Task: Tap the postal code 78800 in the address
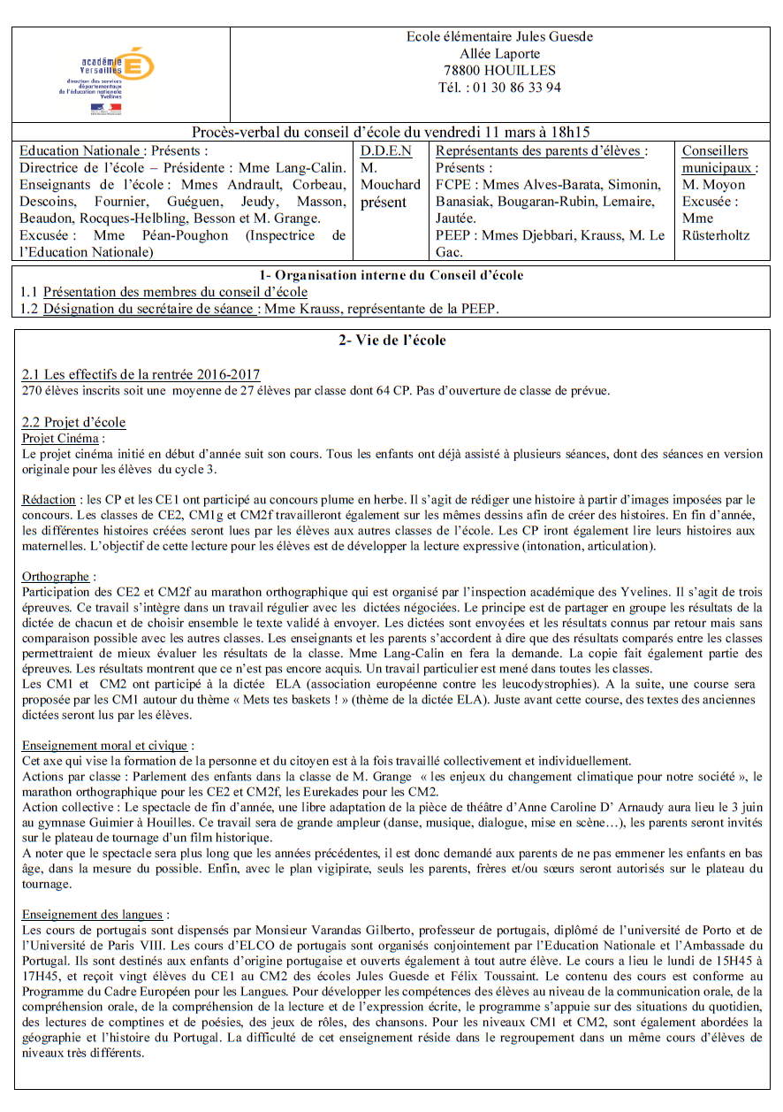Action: [x=463, y=71]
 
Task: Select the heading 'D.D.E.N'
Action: [x=386, y=151]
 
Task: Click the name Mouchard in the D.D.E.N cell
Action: [x=391, y=185]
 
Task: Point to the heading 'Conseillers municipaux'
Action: [x=716, y=159]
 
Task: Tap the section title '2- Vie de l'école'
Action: [x=391, y=341]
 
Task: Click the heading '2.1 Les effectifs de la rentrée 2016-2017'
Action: [x=141, y=374]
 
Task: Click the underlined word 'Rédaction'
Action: [x=49, y=501]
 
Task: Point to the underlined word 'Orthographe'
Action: [x=55, y=576]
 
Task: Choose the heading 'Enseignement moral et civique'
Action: [x=107, y=746]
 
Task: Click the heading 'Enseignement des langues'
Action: [x=95, y=915]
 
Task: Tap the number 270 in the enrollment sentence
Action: [x=32, y=390]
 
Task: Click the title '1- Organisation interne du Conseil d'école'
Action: [x=391, y=275]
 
